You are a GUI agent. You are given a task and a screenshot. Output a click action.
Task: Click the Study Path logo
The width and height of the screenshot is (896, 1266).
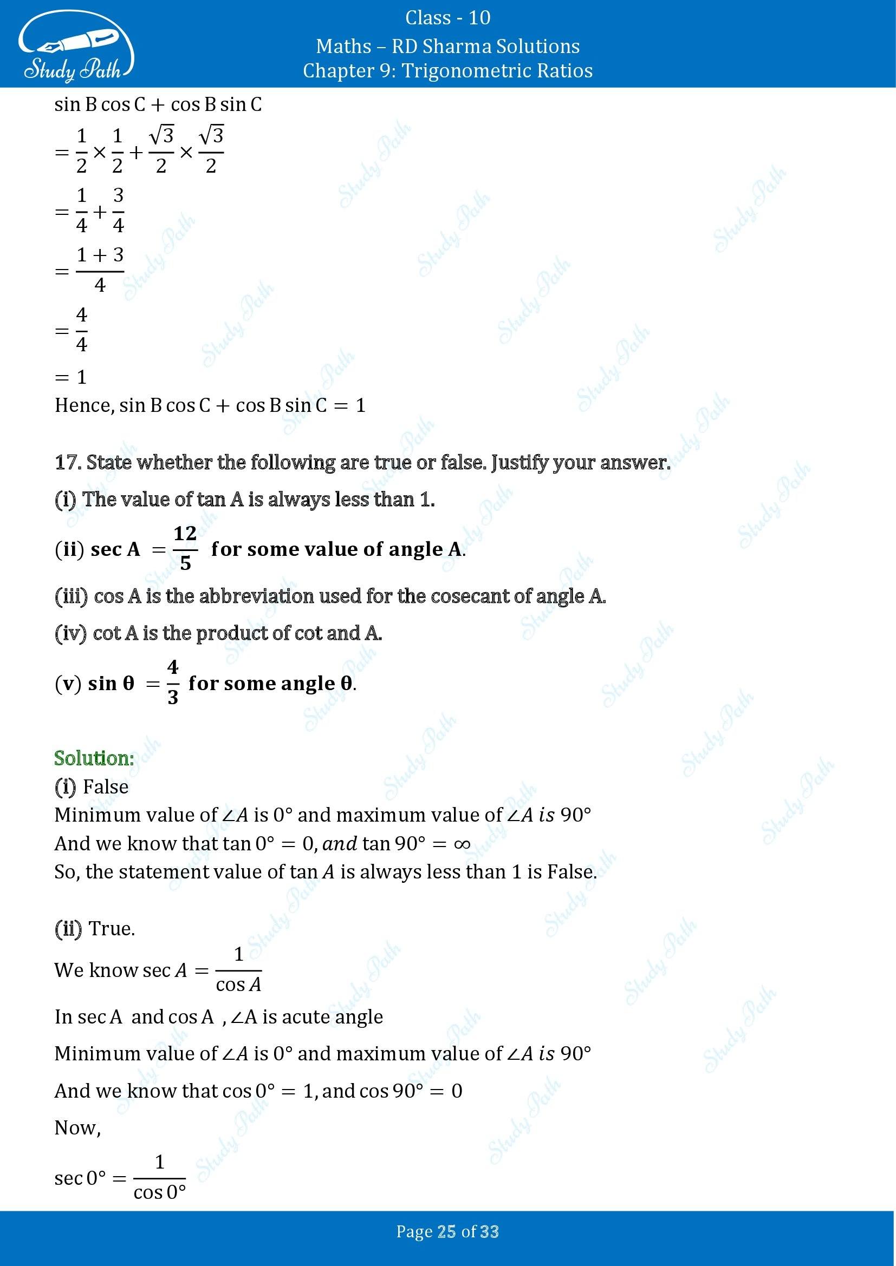coord(76,47)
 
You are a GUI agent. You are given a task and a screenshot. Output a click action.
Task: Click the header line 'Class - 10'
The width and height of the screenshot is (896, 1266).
coord(447,18)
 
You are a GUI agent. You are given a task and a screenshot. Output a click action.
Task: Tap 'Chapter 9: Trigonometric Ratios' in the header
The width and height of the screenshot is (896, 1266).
coord(447,71)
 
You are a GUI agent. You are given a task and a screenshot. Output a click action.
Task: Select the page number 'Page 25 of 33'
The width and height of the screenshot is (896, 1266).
coord(447,1231)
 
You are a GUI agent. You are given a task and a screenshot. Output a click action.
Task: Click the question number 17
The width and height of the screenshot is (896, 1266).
coord(67,463)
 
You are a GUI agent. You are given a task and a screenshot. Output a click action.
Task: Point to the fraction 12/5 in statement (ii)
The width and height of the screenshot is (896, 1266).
coord(185,548)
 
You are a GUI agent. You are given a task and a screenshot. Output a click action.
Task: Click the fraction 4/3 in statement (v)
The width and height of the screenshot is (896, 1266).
coord(173,683)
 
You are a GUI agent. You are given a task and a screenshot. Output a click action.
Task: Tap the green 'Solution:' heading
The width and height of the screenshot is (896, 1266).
coord(94,758)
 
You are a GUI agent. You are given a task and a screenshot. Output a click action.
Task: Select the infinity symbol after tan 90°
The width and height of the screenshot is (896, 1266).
coord(462,844)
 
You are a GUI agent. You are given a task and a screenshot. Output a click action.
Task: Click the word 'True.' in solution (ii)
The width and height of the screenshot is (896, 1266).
coord(112,929)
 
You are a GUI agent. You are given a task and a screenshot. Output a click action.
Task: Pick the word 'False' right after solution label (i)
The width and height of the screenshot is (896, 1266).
coord(106,787)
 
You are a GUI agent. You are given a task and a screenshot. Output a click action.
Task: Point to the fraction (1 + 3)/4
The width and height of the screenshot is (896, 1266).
coord(100,270)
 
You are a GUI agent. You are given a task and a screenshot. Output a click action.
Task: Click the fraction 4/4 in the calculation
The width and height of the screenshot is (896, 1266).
coord(82,330)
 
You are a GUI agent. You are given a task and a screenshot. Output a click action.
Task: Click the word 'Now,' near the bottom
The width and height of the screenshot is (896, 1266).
coord(77,1127)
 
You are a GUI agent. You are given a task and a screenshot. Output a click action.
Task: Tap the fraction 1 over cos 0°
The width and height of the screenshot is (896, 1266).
coord(159,1178)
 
